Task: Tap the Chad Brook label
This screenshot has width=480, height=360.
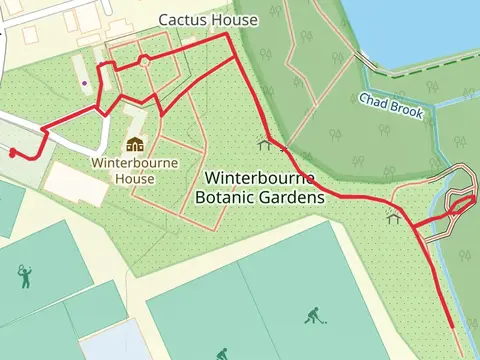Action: [393, 103]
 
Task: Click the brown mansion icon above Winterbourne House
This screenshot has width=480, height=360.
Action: [134, 144]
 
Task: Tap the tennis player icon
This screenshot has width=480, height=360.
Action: [25, 275]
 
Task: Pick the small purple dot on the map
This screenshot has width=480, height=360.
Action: [86, 83]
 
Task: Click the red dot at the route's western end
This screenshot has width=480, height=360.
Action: [12, 153]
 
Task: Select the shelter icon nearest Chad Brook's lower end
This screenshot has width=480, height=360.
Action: [394, 217]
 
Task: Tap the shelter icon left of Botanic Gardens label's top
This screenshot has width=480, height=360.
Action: [263, 143]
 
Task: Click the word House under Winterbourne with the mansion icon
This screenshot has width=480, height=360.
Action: [134, 179]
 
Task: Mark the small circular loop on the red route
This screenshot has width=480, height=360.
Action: [144, 61]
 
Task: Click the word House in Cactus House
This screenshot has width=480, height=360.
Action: [236, 20]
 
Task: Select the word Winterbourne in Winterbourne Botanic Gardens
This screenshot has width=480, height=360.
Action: [260, 178]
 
